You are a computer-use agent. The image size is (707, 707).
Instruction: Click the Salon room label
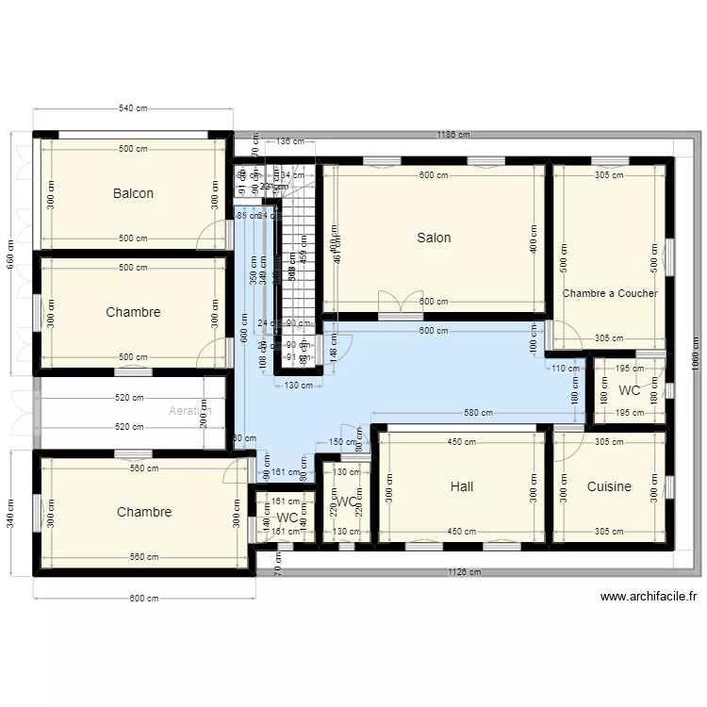pyautogui.click(x=434, y=238)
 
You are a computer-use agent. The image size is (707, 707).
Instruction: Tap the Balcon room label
pyautogui.click(x=133, y=193)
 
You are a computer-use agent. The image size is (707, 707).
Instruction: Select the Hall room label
pyautogui.click(x=462, y=486)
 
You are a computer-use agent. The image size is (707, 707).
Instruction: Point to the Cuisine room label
pyautogui.click(x=609, y=486)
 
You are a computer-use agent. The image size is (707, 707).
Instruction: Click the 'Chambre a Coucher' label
pyautogui.click(x=610, y=293)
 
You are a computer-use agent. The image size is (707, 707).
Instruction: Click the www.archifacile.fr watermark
pyautogui.click(x=649, y=597)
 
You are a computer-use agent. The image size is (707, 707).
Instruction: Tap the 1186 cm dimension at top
pyautogui.click(x=453, y=135)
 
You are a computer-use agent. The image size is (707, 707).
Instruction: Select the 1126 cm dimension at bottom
pyautogui.click(x=463, y=572)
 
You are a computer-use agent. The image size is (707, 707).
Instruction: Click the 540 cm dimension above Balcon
pyautogui.click(x=133, y=108)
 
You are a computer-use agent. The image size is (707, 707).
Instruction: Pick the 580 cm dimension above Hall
pyautogui.click(x=479, y=413)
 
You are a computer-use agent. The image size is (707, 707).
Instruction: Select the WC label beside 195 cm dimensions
pyautogui.click(x=629, y=390)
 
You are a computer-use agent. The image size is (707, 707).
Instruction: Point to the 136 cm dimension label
pyautogui.click(x=290, y=142)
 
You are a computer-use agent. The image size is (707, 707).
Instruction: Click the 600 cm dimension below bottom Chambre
pyautogui.click(x=144, y=598)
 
